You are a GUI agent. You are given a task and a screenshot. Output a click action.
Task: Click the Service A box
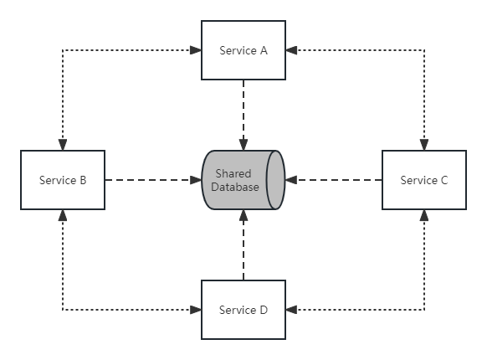pos(243,50)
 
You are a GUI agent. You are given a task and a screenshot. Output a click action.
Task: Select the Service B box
pos(63,180)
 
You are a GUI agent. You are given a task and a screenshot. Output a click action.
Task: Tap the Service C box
pos(424,180)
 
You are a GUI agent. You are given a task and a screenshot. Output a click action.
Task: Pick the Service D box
pos(243,310)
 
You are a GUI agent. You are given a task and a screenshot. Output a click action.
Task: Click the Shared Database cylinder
pos(243,180)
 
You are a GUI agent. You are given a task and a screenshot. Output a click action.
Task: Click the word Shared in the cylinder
pos(233,173)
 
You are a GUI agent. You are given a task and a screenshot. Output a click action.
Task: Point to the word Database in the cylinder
pos(235,187)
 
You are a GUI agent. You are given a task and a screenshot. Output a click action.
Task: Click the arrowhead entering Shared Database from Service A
pos(243,145)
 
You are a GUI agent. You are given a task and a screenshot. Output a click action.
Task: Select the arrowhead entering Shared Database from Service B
pos(196,180)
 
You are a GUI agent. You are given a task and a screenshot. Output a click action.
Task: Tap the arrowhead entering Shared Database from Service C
pos(291,180)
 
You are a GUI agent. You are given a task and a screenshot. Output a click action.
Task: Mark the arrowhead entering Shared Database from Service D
pos(243,215)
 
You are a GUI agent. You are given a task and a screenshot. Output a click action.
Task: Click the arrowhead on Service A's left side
pos(196,50)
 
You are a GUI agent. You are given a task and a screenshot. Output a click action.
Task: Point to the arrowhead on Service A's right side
pos(291,50)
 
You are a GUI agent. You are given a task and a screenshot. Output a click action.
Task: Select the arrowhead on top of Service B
pos(63,145)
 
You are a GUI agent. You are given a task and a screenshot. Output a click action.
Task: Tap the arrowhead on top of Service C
pos(424,145)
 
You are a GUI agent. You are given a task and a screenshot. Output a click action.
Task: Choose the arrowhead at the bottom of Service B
pos(63,215)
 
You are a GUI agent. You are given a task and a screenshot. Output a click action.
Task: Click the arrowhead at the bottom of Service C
pos(424,215)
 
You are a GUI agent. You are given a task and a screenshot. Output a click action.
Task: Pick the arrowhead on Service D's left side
pos(196,310)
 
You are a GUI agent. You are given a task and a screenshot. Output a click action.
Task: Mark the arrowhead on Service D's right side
pos(291,310)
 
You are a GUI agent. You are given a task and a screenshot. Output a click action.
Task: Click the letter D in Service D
pos(264,310)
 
